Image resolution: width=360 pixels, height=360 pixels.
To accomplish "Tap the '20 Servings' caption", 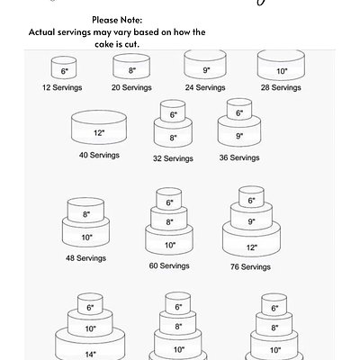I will pyautogui.click(x=130, y=88).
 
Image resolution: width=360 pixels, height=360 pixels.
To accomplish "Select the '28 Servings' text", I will pyautogui.click(x=281, y=88).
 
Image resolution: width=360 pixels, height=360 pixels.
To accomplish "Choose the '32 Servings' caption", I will pyautogui.click(x=173, y=157).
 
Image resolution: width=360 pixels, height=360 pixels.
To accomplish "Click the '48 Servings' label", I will pyautogui.click(x=85, y=257).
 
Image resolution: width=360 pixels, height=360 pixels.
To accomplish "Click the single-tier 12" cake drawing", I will pyautogui.click(x=99, y=130).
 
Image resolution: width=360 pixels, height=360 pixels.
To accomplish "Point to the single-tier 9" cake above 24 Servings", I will pyautogui.click(x=205, y=67).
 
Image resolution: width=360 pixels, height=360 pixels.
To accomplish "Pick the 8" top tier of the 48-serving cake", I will pyautogui.click(x=86, y=213).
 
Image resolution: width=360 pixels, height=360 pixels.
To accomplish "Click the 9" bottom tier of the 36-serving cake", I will pyautogui.click(x=238, y=135).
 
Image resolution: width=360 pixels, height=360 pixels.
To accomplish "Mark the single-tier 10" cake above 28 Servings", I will pyautogui.click(x=281, y=67).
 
